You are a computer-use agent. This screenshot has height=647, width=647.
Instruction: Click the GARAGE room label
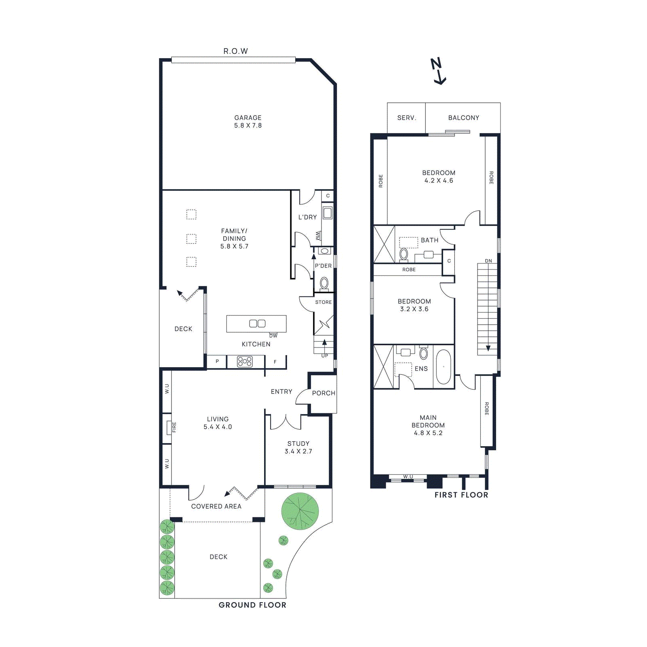tap(247, 118)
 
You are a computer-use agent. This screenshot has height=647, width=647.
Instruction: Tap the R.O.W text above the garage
tap(235, 51)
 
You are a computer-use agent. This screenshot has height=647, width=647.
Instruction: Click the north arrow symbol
tap(438, 71)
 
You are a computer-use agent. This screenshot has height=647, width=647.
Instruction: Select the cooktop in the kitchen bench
tap(245, 361)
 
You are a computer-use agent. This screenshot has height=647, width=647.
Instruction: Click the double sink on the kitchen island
tap(257, 323)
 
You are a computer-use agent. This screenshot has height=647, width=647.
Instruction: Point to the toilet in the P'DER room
tap(324, 283)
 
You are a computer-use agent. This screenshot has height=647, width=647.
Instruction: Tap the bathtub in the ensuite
tap(443, 367)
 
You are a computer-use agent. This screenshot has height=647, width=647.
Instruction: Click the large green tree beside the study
tap(300, 511)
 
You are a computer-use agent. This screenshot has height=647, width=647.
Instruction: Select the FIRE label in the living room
tap(174, 427)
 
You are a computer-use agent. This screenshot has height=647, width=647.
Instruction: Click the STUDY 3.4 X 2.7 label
tap(298, 447)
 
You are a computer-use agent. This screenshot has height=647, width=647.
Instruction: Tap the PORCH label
tap(323, 393)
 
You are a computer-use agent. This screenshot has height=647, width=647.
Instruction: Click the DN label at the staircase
tap(488, 261)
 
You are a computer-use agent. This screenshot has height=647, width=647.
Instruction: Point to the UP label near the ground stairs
tap(324, 356)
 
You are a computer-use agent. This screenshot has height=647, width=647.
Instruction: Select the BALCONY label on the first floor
tap(463, 118)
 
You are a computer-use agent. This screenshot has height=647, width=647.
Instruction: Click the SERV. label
tap(406, 118)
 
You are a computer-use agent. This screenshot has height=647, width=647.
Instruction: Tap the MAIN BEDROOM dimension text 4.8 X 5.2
tap(428, 433)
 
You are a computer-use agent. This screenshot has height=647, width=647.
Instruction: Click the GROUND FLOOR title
tap(252, 605)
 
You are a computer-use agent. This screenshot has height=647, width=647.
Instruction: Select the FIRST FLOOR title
tap(461, 495)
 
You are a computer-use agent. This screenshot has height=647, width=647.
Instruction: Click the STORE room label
tap(323, 302)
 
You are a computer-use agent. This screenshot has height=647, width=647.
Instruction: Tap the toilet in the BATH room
tap(404, 254)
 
